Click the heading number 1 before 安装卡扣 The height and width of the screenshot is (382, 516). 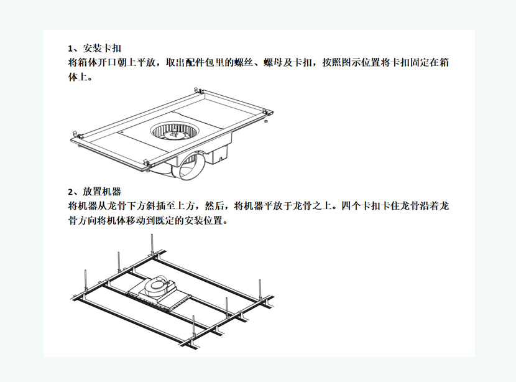(70, 49)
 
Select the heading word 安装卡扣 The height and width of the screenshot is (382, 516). (102, 49)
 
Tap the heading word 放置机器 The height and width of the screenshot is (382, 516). (102, 192)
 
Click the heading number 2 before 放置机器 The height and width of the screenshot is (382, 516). (70, 192)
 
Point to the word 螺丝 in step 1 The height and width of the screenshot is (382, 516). (244, 63)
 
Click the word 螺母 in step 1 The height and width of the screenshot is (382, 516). (274, 63)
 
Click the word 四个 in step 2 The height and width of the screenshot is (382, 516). (351, 206)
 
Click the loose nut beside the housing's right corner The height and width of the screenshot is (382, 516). (265, 121)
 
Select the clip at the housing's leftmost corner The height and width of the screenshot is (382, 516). (76, 134)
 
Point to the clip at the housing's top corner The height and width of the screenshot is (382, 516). (198, 90)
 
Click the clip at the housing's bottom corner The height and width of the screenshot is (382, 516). (145, 162)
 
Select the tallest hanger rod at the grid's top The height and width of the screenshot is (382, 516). (152, 246)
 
